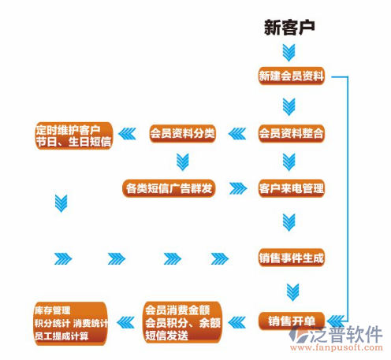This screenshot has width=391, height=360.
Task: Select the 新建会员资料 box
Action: [291, 76]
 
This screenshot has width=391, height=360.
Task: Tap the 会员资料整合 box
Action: [291, 133]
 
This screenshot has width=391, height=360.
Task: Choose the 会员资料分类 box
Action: [182, 133]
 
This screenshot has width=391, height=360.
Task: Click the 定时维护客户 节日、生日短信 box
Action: [73, 135]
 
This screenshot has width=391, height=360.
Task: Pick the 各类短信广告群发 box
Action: [169, 188]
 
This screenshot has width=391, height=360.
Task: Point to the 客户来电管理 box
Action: [291, 188]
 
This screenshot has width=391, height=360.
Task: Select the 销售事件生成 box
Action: [291, 258]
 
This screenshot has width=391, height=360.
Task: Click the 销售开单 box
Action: [291, 320]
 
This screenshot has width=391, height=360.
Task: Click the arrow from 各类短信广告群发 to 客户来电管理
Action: [237, 188]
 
